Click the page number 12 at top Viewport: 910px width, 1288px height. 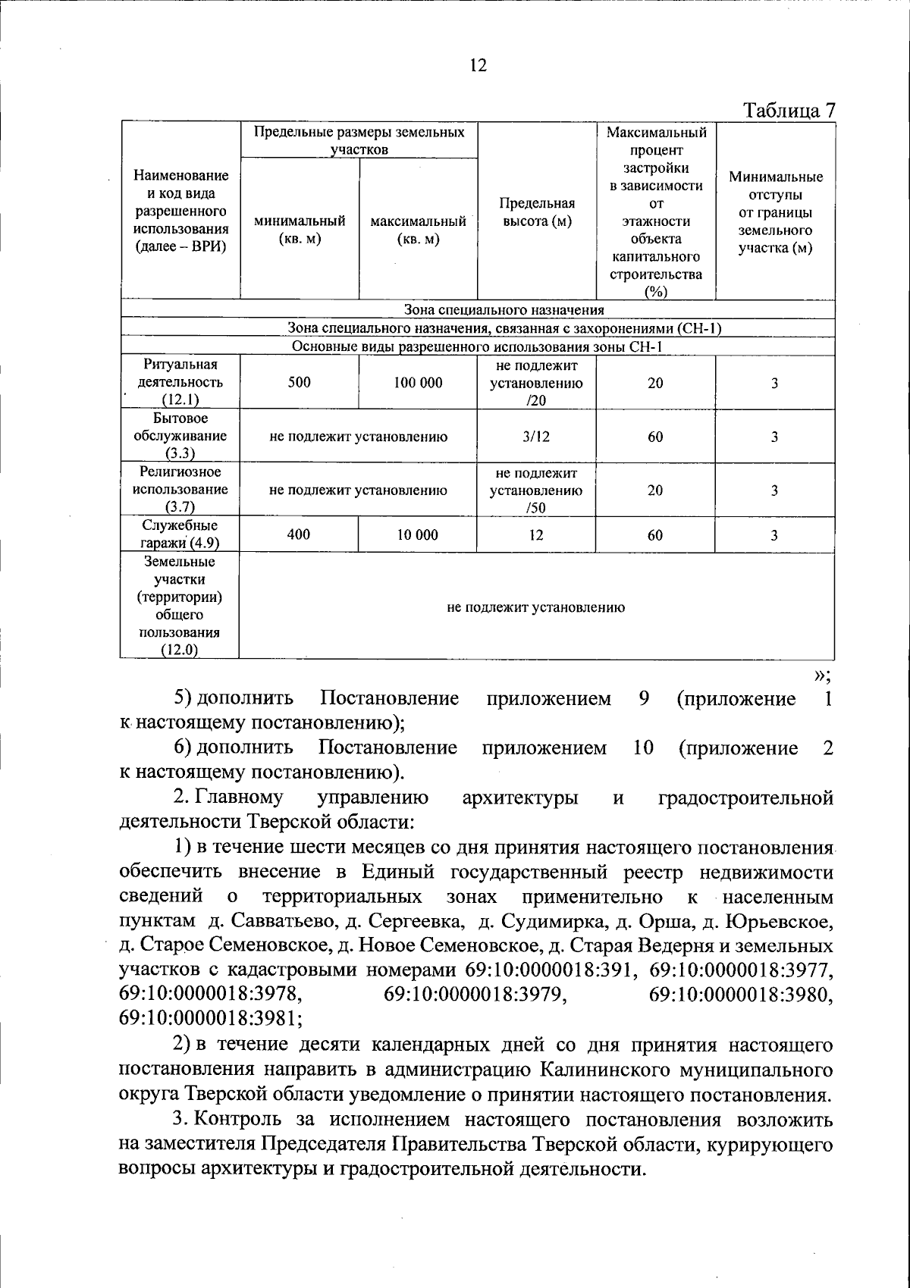[478, 65]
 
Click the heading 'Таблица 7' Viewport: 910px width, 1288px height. [789, 111]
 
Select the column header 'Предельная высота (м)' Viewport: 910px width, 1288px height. [537, 212]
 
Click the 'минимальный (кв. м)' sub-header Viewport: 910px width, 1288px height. [300, 230]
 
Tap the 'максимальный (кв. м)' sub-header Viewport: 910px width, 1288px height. [418, 230]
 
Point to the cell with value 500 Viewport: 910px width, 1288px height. [300, 383]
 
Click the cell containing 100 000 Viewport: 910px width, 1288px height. [418, 383]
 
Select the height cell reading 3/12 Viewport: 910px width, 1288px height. [537, 437]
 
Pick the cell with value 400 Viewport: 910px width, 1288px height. [299, 535]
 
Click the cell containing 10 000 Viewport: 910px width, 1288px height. [418, 535]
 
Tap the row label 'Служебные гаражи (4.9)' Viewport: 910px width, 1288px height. [180, 534]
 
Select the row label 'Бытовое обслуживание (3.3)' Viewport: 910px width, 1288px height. [180, 436]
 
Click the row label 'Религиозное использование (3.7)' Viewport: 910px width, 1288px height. [180, 490]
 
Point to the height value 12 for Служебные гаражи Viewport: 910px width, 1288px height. [537, 535]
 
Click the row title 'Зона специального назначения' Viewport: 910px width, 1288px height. [504, 310]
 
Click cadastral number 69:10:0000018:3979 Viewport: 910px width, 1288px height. [475, 995]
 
